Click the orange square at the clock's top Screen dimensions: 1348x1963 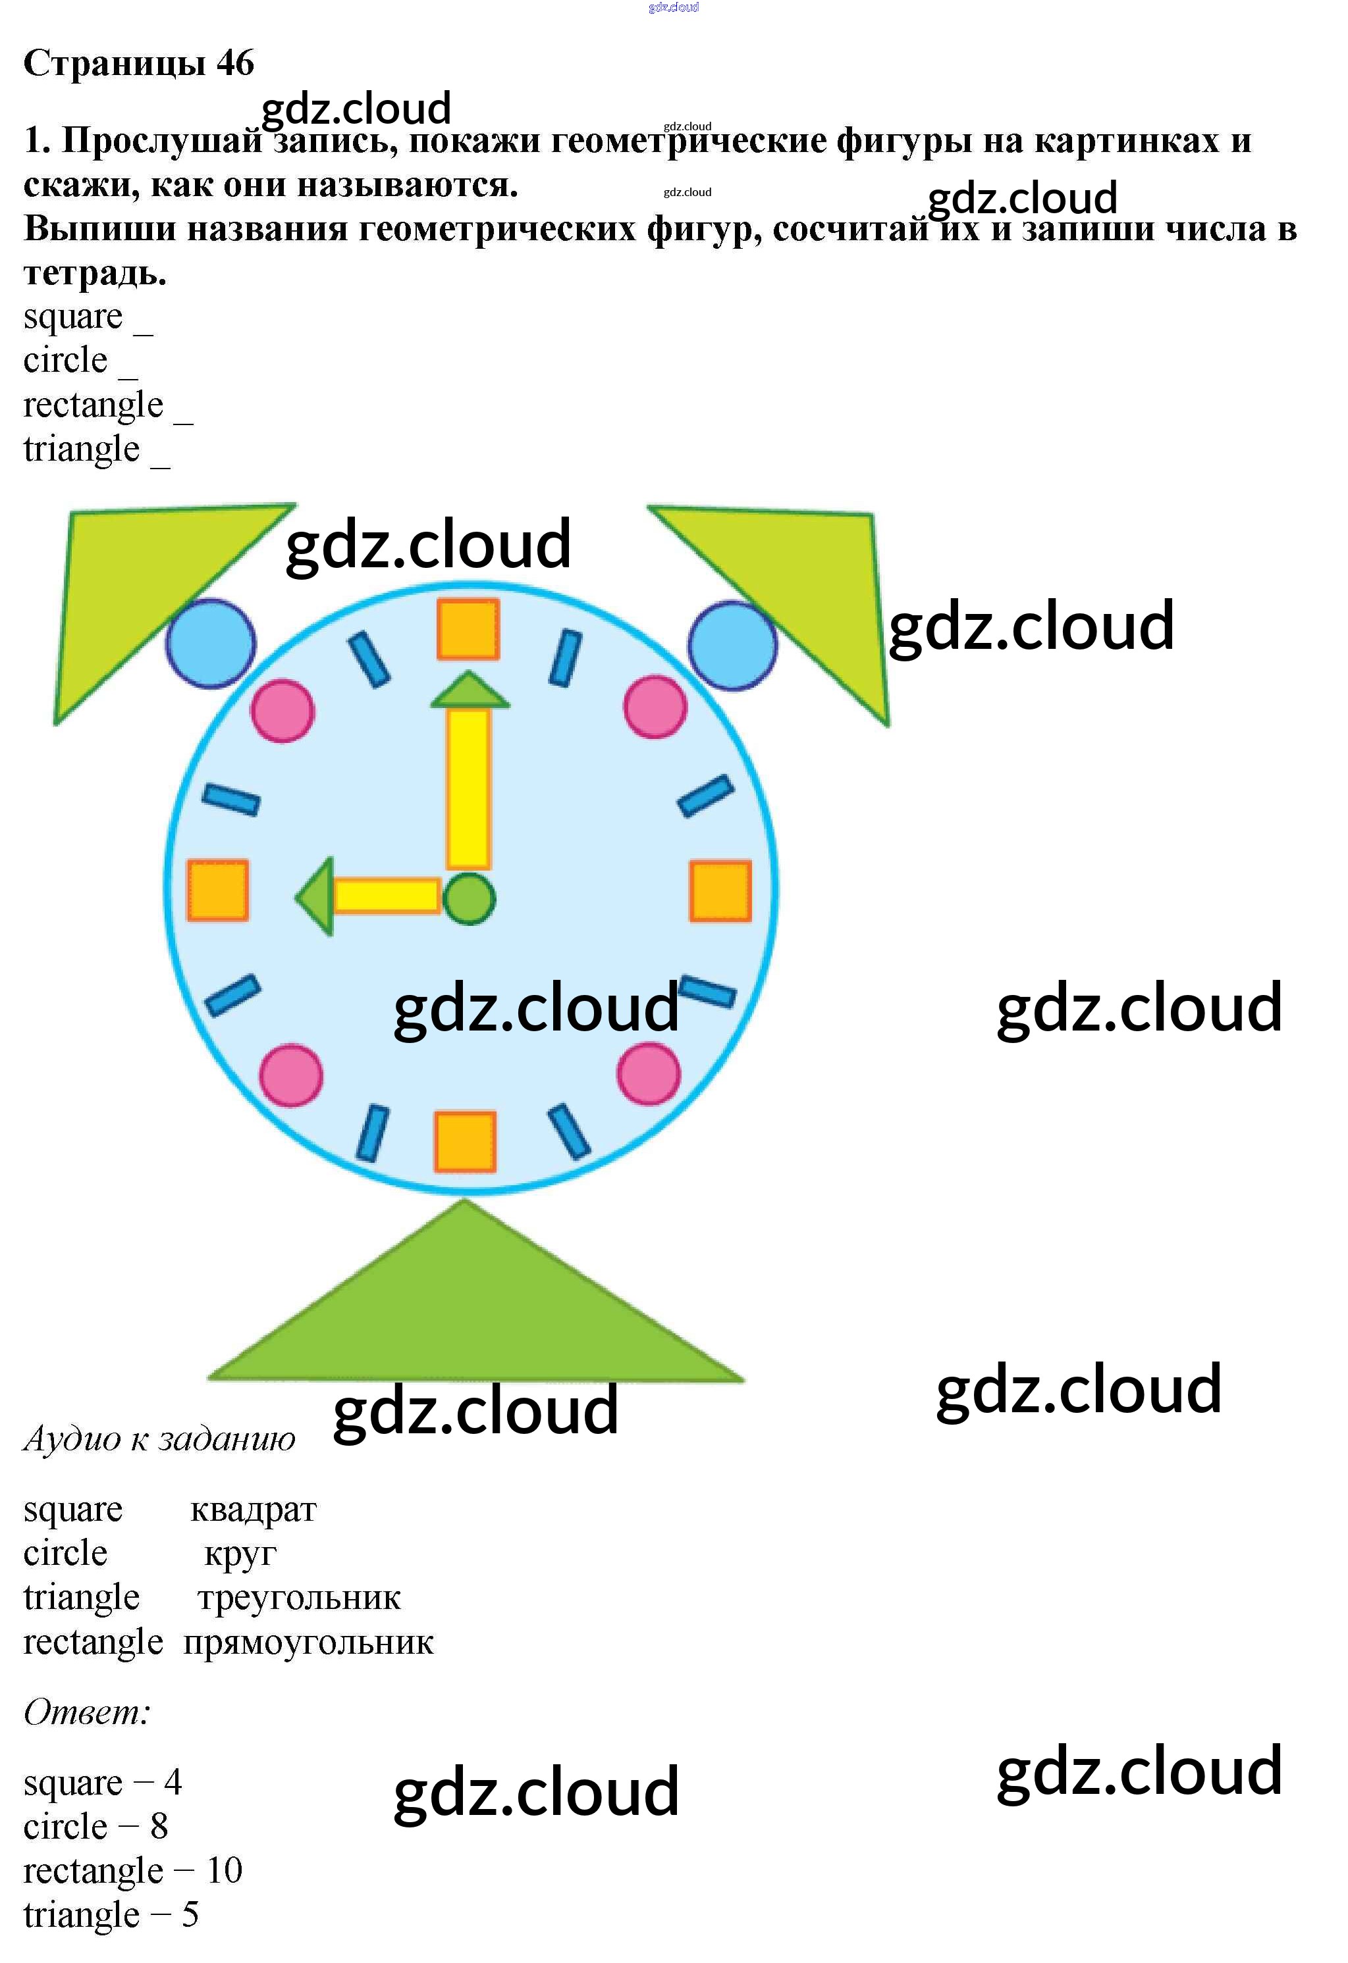click(468, 629)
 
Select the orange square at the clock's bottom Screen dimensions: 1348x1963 click(466, 1142)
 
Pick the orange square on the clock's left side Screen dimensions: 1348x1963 click(218, 890)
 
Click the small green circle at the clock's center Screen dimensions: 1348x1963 click(469, 899)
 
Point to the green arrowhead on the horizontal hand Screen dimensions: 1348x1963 click(314, 896)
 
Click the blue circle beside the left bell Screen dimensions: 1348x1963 click(211, 644)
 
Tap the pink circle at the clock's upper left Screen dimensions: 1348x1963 click(283, 711)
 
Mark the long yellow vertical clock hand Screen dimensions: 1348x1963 click(468, 789)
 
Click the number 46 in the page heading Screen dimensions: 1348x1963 click(235, 63)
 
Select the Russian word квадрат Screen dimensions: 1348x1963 click(254, 1510)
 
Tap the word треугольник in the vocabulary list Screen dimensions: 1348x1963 click(299, 1597)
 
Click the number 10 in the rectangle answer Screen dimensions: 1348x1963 click(224, 1871)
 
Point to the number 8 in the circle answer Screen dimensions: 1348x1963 click(159, 1826)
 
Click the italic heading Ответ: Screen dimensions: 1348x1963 click(87, 1713)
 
